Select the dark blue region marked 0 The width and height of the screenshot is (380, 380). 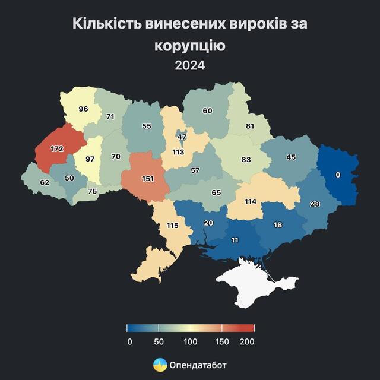click(337, 175)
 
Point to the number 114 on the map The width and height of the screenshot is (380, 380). click(251, 201)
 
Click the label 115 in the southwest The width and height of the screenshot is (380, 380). click(172, 226)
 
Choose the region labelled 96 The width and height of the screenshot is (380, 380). click(83, 109)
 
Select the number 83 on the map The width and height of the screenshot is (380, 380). click(246, 160)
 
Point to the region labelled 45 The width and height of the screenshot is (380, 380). click(291, 157)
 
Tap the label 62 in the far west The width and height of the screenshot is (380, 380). click(44, 183)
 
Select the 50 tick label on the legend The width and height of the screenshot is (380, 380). click(159, 341)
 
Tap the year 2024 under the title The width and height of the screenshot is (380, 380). click(190, 66)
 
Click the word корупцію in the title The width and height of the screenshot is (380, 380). click(190, 45)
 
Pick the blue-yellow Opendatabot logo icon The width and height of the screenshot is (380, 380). click(160, 365)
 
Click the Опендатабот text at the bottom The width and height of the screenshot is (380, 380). click(198, 365)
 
